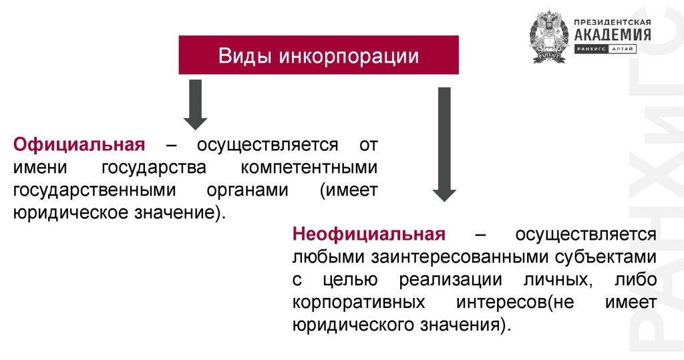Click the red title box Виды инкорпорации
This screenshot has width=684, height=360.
[x=318, y=55]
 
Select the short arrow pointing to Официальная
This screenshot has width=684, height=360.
[x=195, y=104]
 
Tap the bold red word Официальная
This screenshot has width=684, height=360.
[x=79, y=145]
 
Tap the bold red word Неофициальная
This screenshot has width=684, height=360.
[x=368, y=234]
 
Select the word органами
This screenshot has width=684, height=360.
[x=246, y=190]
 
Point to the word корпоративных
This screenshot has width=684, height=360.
[x=359, y=302]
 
